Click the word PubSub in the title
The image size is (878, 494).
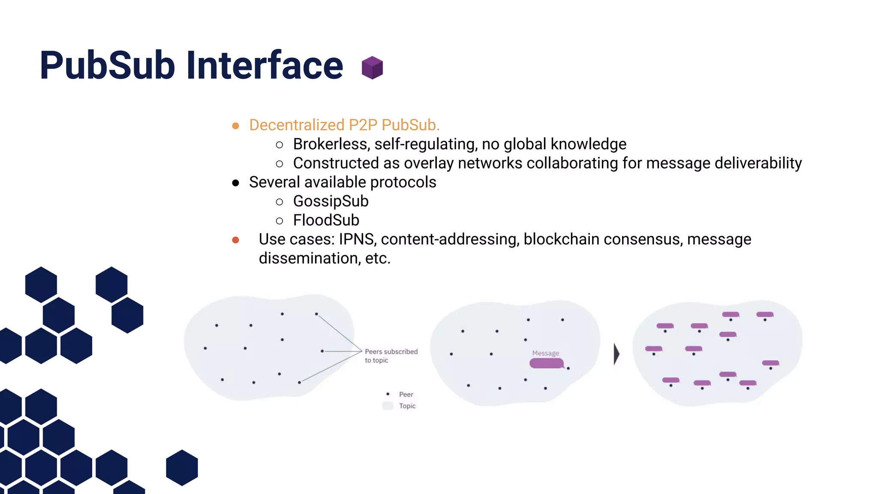[108, 65]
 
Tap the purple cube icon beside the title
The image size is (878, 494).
[372, 68]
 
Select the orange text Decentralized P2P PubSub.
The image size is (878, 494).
[344, 125]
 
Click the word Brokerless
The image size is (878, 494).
[331, 144]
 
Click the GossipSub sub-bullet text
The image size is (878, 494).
[331, 201]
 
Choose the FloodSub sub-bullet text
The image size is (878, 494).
[326, 220]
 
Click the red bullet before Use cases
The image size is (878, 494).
[235, 240]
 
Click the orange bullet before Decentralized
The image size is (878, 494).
[235, 126]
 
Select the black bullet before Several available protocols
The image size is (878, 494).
[235, 183]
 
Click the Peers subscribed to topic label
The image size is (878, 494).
[391, 355]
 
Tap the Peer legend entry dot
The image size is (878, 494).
[388, 394]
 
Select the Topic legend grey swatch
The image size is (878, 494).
[388, 406]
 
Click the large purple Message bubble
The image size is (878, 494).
[546, 364]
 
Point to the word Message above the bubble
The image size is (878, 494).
[545, 353]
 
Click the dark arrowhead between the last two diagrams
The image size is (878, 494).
[616, 354]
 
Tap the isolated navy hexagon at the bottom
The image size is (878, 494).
[182, 467]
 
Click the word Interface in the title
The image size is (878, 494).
[265, 65]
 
